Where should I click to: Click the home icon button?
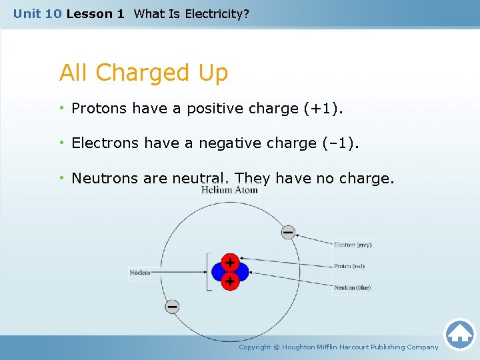[459, 335]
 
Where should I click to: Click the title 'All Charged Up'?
[143, 73]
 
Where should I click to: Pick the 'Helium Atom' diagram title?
[229, 191]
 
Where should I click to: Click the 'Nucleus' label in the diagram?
[140, 272]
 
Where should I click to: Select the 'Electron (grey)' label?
[353, 245]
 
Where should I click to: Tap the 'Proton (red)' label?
[349, 266]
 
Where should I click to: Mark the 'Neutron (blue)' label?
[352, 287]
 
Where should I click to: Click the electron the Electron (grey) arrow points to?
[288, 233]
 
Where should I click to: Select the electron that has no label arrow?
[172, 307]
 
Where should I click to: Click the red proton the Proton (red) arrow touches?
[230, 261]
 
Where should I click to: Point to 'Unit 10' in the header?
[37, 13]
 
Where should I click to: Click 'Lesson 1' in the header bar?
[95, 13]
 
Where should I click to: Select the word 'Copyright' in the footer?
[255, 347]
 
